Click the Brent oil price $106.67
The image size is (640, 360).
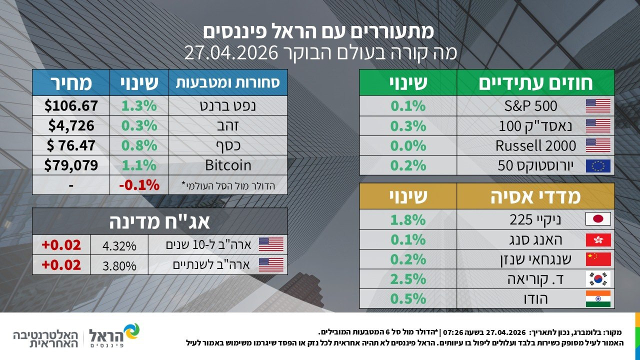coord(71,105)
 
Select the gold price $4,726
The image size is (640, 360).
coord(71,125)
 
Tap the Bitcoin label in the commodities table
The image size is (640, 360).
coord(228,165)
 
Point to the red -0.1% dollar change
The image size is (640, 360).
coord(139,185)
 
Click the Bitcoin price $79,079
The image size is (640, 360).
coord(71,165)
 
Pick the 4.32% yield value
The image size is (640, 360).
coord(119,246)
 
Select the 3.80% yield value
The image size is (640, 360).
coord(119,266)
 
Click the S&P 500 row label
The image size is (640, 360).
coord(530,106)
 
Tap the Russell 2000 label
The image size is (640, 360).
coord(535,145)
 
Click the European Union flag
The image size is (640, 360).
coord(598,166)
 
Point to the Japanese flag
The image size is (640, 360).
coord(598,219)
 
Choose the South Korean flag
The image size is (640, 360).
coord(598,279)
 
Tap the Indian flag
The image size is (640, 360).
coord(598,299)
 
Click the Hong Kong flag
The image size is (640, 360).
coord(598,240)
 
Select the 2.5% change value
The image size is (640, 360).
coord(408,279)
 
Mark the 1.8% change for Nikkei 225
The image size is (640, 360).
coord(408,219)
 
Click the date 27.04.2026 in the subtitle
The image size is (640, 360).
coord(231,53)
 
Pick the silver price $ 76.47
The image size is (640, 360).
coord(71,145)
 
